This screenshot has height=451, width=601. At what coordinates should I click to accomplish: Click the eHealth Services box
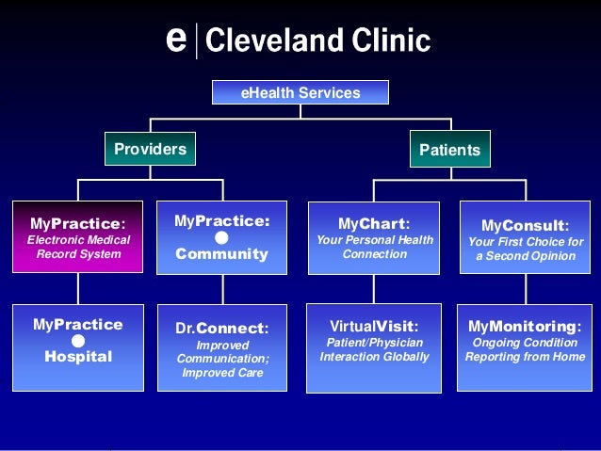coord(300,92)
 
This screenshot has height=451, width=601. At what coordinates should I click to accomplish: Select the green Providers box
coord(150,149)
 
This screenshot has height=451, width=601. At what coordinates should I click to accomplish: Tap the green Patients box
coord(449,149)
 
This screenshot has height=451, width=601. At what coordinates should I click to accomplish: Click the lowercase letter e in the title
coord(174,40)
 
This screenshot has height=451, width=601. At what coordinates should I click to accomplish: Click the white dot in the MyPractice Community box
coord(221,238)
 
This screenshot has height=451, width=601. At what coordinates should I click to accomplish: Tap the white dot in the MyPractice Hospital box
coord(78,341)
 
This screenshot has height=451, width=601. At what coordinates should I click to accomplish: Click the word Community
coord(221,254)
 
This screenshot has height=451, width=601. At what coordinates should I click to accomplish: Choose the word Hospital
coord(78,357)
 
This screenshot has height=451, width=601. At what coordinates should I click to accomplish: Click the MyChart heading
coord(374,224)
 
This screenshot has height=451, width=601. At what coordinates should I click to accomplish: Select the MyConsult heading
coord(524,226)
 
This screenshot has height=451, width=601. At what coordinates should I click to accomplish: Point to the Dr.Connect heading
coord(222,329)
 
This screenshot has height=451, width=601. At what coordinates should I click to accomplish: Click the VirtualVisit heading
coord(374,326)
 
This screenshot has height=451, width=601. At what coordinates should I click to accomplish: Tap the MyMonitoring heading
coord(524,326)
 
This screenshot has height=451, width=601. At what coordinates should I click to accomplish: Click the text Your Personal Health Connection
coord(374,247)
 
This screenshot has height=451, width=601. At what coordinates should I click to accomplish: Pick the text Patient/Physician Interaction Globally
coord(374,350)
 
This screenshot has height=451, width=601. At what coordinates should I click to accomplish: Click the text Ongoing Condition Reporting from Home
coord(524,350)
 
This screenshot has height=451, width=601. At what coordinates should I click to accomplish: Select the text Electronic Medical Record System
coord(77,247)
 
